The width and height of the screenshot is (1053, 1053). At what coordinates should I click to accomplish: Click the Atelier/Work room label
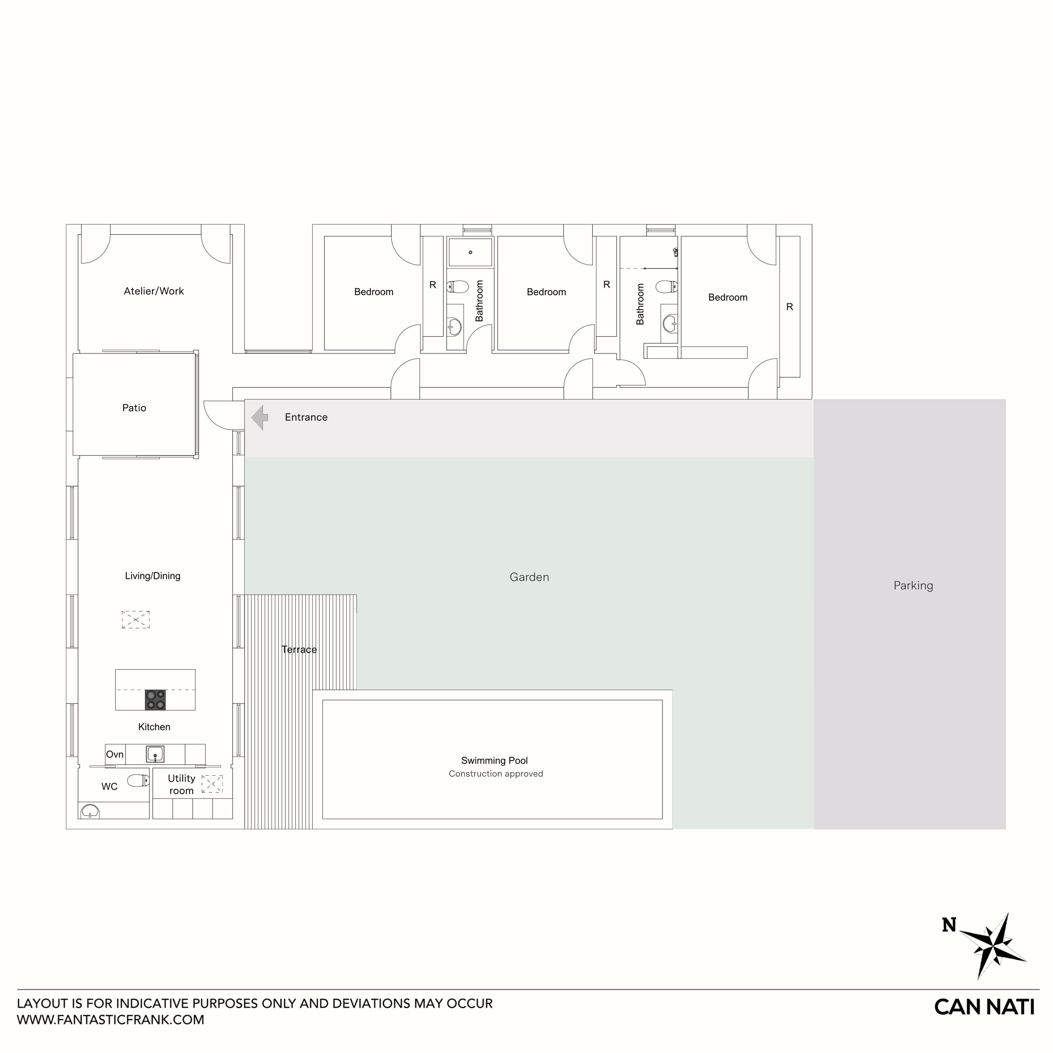coord(154,291)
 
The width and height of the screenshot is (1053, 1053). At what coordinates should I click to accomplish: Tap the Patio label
coord(134,408)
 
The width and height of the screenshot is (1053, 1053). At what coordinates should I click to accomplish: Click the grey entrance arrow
coord(259,417)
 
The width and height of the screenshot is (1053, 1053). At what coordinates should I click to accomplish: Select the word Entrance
coord(306,417)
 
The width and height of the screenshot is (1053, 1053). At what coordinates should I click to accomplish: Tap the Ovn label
coord(114,754)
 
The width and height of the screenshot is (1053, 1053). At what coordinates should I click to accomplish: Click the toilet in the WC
coord(138,781)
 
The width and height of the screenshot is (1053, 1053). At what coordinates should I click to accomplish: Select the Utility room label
coord(181,784)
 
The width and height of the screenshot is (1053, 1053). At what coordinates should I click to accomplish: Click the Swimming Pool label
coord(494,760)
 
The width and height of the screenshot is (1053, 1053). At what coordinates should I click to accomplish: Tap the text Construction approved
coord(495,773)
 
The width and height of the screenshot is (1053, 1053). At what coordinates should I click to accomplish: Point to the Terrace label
coord(299,649)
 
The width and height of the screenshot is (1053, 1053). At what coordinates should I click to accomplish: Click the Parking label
coord(913,585)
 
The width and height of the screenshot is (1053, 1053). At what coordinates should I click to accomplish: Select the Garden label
coord(529,577)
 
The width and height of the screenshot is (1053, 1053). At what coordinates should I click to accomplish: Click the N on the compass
coord(949,925)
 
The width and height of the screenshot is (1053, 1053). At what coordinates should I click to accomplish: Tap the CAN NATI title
coord(984,1007)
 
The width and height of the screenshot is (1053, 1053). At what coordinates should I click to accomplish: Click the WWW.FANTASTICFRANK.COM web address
coord(111,1020)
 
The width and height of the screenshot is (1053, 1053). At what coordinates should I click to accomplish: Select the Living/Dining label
coord(153,576)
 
